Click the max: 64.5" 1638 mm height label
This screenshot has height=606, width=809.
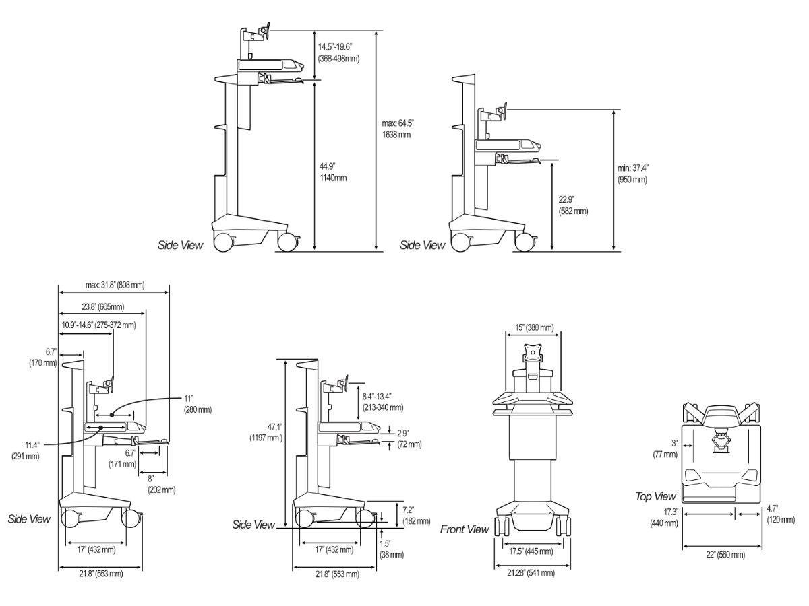tap(397, 129)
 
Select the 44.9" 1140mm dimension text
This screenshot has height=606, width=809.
tap(333, 172)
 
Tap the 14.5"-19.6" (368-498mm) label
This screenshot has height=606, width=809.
tap(338, 53)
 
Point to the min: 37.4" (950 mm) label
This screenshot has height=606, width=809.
tap(634, 174)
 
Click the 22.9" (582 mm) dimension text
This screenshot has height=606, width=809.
tap(573, 205)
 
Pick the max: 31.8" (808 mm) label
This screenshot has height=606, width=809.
tap(115, 285)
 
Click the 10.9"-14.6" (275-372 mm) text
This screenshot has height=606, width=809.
tap(98, 325)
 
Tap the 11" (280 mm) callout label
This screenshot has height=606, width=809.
tap(198, 403)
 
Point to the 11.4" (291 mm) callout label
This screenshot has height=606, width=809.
tap(26, 450)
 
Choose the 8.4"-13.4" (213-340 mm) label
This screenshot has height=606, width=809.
tap(382, 401)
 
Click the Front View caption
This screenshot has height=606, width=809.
tap(465, 529)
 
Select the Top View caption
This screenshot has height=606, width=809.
tap(655, 496)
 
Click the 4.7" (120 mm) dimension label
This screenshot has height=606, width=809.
tap(780, 515)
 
